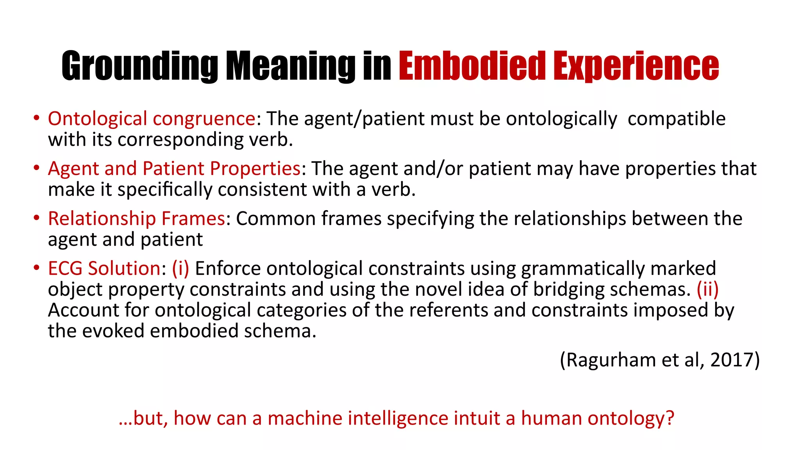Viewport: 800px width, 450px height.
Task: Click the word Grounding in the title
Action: [139, 66]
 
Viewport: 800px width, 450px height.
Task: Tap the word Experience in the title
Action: [636, 66]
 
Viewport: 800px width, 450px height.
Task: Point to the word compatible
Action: [677, 119]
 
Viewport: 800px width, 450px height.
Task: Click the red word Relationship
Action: [102, 218]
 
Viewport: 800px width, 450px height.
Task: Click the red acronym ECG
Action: [65, 268]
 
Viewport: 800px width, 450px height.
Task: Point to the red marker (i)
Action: [180, 268]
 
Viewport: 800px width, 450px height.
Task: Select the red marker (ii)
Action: [707, 289]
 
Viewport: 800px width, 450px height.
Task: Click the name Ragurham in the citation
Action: [611, 360]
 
